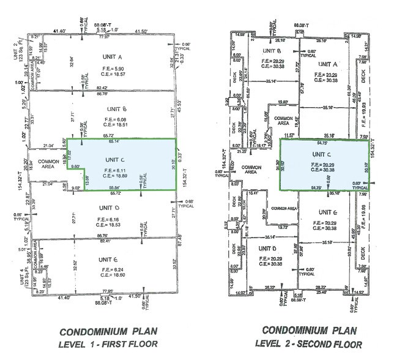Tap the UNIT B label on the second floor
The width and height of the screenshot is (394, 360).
click(271, 50)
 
